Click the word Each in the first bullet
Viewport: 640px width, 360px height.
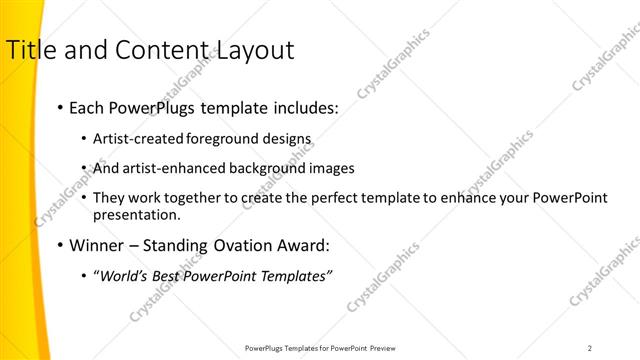point(87,107)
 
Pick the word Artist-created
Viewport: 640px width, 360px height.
point(137,139)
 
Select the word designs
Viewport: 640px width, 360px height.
point(286,139)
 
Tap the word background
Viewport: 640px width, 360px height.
point(246,168)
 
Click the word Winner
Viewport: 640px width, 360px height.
point(99,245)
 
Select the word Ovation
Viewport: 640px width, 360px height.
point(244,245)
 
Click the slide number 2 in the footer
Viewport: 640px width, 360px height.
point(589,348)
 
